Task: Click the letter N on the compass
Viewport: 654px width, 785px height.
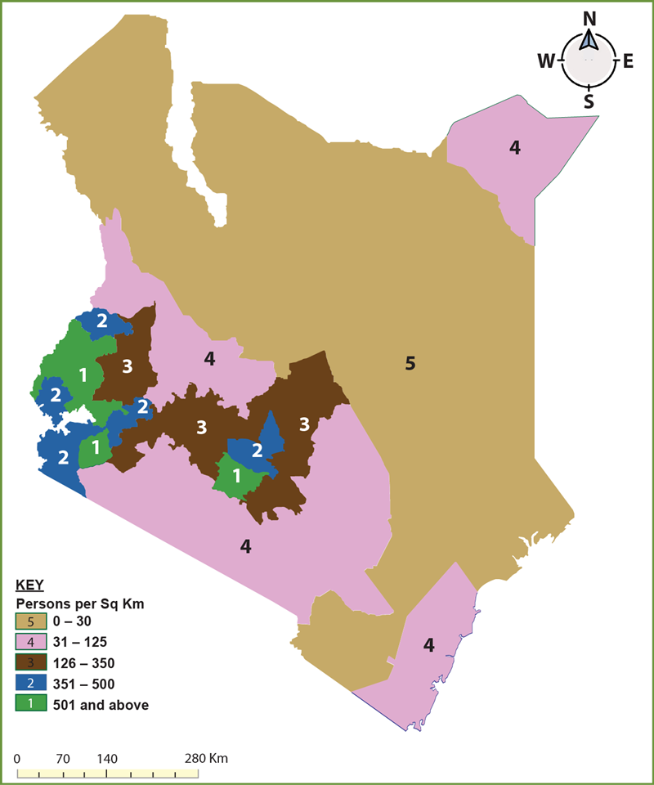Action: [x=589, y=18]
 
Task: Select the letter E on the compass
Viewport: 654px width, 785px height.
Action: [x=628, y=61]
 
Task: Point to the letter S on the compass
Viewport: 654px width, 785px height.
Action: [x=589, y=101]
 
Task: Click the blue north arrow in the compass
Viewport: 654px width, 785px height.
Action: [x=589, y=41]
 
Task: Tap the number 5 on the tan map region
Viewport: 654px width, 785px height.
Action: [x=410, y=363]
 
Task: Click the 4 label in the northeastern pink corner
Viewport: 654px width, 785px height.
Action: [x=515, y=147]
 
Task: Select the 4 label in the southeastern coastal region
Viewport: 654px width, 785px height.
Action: [x=428, y=646]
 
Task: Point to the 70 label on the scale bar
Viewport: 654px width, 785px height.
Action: [x=62, y=758]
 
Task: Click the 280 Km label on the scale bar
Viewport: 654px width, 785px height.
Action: [x=207, y=758]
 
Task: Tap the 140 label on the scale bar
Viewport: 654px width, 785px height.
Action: [x=107, y=758]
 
